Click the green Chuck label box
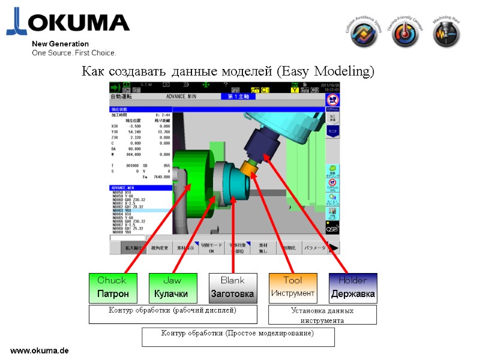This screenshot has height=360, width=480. [112, 288]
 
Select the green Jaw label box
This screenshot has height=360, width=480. [172, 288]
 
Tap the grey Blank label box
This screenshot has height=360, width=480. [233, 288]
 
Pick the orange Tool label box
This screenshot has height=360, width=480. [292, 288]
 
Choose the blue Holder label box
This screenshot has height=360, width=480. [353, 288]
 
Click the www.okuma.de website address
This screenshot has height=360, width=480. [40, 350]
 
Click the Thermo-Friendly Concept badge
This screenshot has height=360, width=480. [405, 33]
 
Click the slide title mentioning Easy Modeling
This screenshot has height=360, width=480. [227, 72]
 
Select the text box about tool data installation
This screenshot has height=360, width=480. [322, 315]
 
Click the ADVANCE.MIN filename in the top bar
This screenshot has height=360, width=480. [182, 96]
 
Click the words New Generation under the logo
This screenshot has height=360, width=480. [60, 44]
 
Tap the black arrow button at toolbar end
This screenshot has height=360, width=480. [334, 247]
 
